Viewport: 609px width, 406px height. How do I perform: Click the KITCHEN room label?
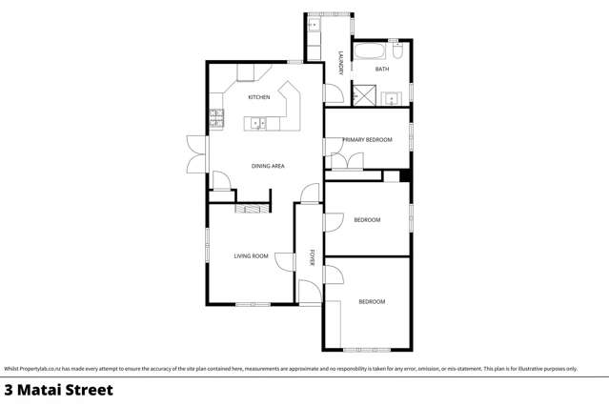(x=258, y=97)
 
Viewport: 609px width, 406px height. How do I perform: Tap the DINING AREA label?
(x=268, y=166)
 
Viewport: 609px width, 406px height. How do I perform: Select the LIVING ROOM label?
(x=252, y=255)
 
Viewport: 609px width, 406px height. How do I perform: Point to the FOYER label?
(x=311, y=257)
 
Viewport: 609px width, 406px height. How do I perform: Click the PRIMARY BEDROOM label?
(x=368, y=140)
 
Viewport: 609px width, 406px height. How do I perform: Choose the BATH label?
(x=381, y=70)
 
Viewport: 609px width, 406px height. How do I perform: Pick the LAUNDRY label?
(x=339, y=63)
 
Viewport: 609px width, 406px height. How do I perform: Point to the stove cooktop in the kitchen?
(x=216, y=120)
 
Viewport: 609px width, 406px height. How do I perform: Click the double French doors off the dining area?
(x=196, y=153)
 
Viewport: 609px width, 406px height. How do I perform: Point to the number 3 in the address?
(x=10, y=390)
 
